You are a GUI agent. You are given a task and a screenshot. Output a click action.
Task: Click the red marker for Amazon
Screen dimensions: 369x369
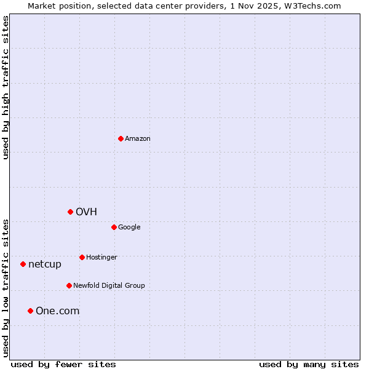pos(121,138)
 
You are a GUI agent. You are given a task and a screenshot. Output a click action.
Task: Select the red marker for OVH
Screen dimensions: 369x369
pos(71,212)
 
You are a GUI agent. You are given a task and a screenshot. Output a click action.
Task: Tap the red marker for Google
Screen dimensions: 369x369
pos(114,227)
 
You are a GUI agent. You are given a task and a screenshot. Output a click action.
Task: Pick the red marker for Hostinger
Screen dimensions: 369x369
pos(82,257)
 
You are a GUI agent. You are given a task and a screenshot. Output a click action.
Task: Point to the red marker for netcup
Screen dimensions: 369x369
pos(23,264)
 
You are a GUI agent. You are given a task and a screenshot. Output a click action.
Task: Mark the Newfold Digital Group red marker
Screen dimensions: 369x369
pos(69,285)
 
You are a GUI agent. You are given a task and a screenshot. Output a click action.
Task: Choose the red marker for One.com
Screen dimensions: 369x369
pos(30,311)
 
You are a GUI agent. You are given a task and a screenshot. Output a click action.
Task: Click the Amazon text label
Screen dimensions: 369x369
pos(138,139)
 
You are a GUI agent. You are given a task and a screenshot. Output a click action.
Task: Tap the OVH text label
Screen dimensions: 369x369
pos(87,212)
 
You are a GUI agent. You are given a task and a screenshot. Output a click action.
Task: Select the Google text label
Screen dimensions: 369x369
pos(129,228)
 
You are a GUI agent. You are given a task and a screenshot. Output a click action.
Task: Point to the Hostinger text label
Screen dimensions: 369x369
pos(101,258)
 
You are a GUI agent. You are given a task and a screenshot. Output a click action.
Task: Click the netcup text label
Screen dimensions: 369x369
pos(45,264)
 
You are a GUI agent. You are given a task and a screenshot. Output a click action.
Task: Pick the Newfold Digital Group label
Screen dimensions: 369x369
pos(109,286)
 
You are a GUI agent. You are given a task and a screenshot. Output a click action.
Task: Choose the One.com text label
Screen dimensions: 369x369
pos(58,311)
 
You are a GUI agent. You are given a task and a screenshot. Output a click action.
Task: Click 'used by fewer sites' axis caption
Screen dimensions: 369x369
pos(63,364)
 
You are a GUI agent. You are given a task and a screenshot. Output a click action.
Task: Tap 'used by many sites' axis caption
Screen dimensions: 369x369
pos(309,364)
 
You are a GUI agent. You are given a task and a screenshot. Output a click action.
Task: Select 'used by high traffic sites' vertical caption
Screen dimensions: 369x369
pos(6,87)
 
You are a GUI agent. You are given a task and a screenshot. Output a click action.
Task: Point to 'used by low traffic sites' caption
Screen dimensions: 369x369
pos(6,288)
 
